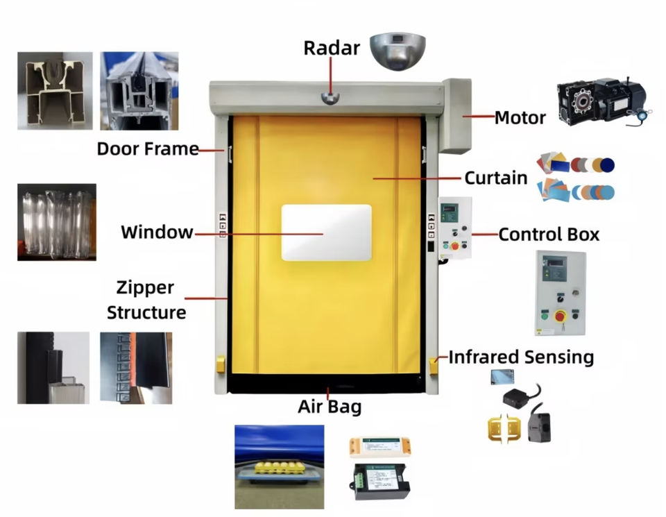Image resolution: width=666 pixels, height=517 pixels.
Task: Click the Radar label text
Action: click(332, 48)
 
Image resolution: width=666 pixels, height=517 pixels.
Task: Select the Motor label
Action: click(520, 118)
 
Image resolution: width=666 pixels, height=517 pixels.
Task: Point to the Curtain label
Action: click(495, 178)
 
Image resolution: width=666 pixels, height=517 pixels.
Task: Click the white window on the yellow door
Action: click(326, 232)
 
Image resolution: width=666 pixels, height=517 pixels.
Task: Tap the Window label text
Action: click(157, 232)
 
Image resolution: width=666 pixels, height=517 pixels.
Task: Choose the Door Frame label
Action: click(147, 149)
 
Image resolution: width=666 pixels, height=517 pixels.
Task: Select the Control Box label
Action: click(549, 235)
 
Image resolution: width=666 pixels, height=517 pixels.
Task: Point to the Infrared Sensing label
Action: click(521, 357)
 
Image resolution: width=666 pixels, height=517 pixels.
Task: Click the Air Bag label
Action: click(330, 407)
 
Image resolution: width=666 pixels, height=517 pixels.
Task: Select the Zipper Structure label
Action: click(146, 300)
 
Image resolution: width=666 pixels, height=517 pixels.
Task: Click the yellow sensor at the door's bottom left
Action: click(221, 364)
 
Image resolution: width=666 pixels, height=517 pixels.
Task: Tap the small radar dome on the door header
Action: click(331, 97)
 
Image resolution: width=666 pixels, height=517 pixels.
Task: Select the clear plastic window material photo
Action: click(56, 222)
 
